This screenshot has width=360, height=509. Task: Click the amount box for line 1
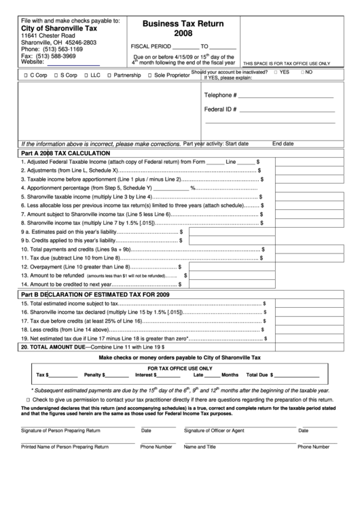click(312, 163)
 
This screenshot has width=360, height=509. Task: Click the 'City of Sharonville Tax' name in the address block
click(56, 29)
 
